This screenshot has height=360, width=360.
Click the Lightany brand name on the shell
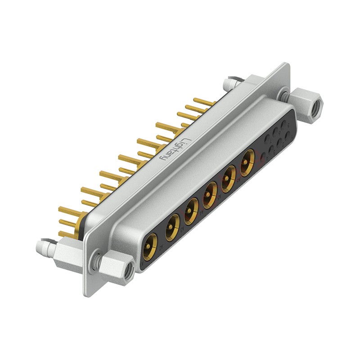click(175, 149)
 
